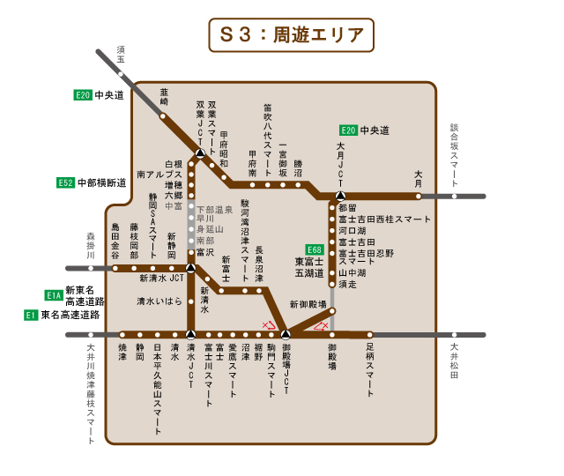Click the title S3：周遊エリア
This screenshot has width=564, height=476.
point(292,35)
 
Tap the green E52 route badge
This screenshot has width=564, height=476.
point(64,182)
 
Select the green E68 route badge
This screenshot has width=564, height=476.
point(315,249)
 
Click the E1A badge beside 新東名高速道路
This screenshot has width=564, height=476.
point(53,295)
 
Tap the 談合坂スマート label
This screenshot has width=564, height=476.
point(454,149)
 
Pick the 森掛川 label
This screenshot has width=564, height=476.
point(90,244)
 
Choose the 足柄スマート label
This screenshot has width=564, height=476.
point(370,370)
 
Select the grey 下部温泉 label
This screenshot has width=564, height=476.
point(214,209)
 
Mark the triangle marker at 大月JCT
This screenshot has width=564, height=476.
point(341,196)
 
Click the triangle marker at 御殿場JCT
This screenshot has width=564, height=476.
point(286,335)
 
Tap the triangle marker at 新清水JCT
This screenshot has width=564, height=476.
point(190,267)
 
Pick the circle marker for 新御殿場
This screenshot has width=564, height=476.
point(333,310)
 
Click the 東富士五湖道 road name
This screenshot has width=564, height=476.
point(309,267)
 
